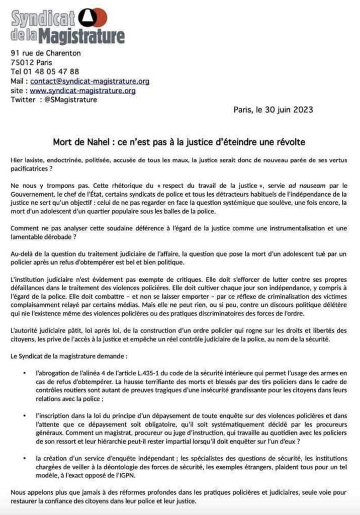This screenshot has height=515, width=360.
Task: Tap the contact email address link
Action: click(89, 80)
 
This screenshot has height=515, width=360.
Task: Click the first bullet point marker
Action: click(25, 373)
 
